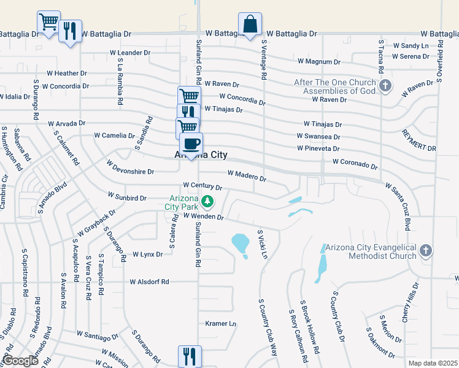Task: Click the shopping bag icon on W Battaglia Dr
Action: pos(250,25)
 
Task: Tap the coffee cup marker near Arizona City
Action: pos(191,145)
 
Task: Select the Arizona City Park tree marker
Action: pos(208,201)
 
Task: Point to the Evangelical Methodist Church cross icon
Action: pos(426,250)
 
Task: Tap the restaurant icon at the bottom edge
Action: pos(190,356)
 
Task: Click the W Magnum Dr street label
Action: pos(318,62)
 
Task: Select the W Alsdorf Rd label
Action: pos(149,282)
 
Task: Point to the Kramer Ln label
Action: pos(220,323)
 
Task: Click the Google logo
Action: pos(20,361)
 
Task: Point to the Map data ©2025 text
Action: pos(432,363)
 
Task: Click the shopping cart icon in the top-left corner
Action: pos(48,22)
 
